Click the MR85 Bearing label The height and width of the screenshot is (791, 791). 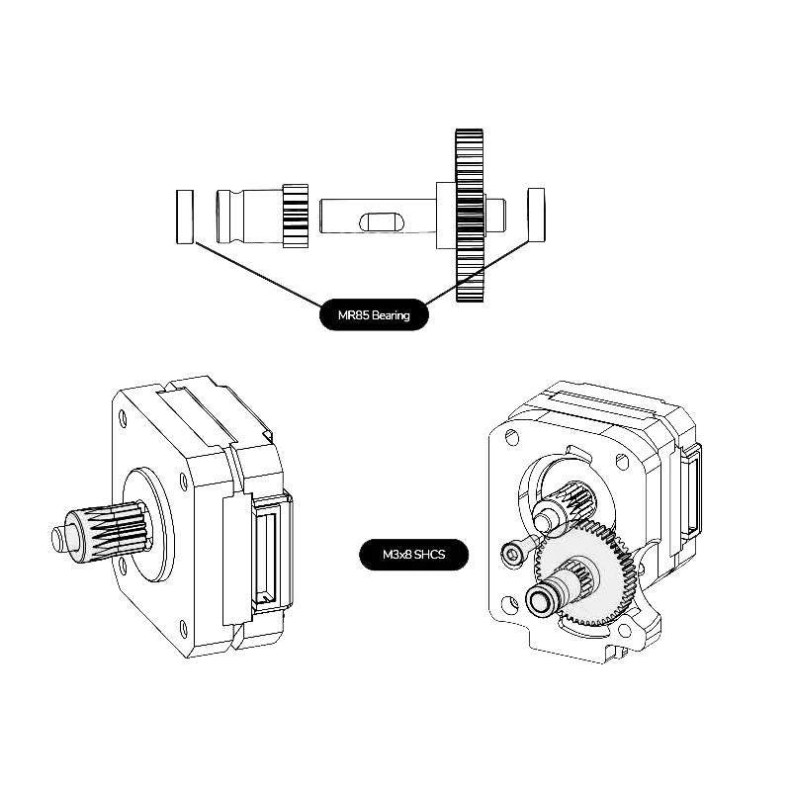(374, 314)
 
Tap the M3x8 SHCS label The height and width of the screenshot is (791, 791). (413, 555)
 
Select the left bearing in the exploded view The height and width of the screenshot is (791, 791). (185, 217)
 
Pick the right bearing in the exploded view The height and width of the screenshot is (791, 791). (536, 215)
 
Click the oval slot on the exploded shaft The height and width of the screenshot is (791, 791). (382, 221)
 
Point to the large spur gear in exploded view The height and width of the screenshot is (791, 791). (469, 216)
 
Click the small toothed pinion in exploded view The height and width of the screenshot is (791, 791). (295, 216)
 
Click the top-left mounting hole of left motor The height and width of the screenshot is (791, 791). (122, 418)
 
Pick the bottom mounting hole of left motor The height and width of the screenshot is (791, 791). (183, 629)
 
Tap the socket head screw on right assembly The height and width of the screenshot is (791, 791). (513, 551)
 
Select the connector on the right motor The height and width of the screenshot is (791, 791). (691, 488)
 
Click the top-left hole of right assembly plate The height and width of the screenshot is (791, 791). (511, 437)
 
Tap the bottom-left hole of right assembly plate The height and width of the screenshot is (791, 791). (510, 604)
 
